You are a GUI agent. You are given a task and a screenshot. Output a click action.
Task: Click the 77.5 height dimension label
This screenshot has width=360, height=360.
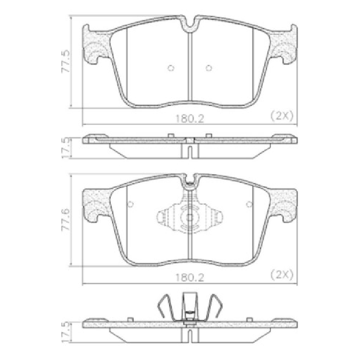[x=65, y=62]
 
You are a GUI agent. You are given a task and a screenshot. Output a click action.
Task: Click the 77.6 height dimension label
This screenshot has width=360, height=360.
[x=65, y=220]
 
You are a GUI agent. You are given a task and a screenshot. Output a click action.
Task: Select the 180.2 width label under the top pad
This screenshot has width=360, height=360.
[x=190, y=119]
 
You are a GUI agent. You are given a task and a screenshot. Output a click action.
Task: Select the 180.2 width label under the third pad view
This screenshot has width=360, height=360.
[x=190, y=278]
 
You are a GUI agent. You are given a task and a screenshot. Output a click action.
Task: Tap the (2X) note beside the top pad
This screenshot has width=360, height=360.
[x=282, y=116]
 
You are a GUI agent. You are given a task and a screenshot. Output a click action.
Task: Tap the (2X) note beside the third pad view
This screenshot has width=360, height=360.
[x=282, y=275]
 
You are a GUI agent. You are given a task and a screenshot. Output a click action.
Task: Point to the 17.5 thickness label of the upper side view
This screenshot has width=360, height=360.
[x=65, y=148]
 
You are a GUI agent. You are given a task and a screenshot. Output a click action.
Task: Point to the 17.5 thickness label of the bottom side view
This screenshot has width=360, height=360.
[x=65, y=332]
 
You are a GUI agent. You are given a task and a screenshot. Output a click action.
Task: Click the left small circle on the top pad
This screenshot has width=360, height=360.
[x=171, y=68]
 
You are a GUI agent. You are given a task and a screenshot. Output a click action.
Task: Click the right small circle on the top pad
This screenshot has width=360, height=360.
[x=209, y=68]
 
